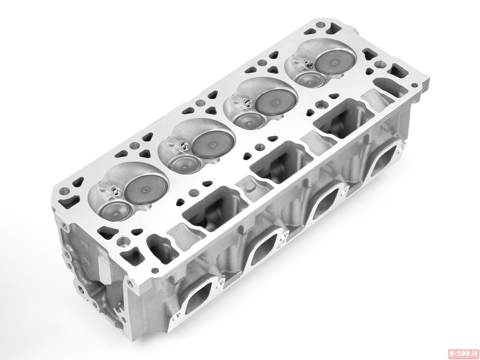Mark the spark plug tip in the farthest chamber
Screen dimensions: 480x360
tap(308, 64)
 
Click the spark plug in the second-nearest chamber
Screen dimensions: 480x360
tap(183, 146)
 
